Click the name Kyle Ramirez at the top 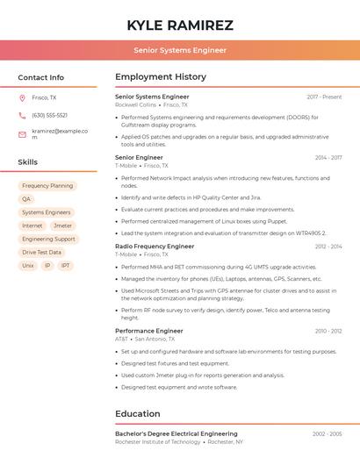[180, 25]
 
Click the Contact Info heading [41, 77]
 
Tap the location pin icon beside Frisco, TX [22, 97]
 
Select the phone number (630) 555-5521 [49, 115]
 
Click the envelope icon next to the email [22, 134]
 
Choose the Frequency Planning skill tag [47, 186]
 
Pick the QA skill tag [26, 199]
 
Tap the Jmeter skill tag [62, 225]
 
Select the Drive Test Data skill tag [41, 252]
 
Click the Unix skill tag [28, 265]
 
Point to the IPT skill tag [65, 265]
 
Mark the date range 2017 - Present [324, 97]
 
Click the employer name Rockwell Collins [135, 104]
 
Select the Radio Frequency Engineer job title [155, 247]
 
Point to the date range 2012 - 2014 [328, 247]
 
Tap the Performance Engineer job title [149, 331]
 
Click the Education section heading [138, 413]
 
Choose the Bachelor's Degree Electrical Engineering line [176, 433]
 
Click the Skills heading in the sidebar [28, 162]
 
